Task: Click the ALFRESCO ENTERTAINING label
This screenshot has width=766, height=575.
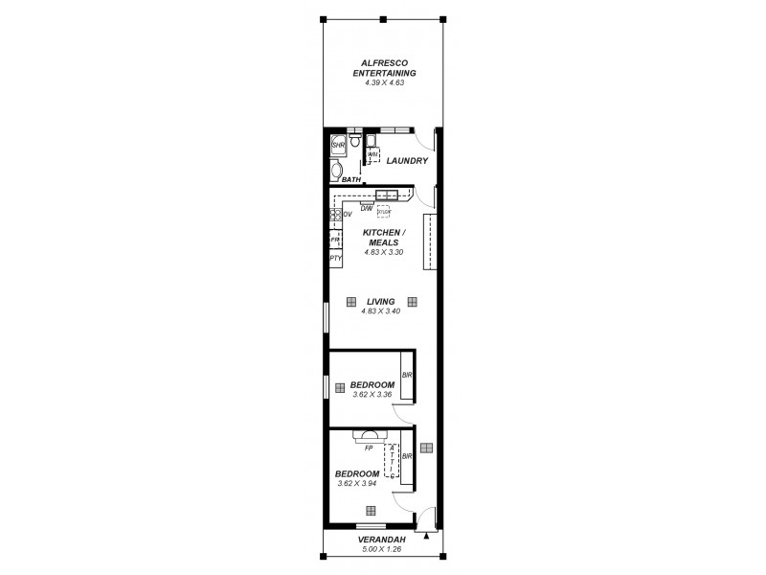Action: click(x=383, y=67)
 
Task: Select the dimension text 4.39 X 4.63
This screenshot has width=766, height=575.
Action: click(x=383, y=83)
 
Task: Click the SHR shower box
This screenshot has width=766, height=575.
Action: click(x=337, y=145)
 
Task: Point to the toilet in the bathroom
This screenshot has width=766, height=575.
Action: click(x=354, y=142)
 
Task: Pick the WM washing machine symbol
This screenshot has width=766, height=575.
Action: click(x=373, y=154)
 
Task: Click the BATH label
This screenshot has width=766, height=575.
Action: click(x=351, y=179)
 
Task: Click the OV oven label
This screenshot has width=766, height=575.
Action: click(x=347, y=214)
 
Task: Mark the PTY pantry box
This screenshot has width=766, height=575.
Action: click(x=336, y=258)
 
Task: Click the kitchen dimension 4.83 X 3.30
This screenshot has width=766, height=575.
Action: click(x=383, y=252)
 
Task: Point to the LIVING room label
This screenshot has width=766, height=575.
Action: click(x=380, y=301)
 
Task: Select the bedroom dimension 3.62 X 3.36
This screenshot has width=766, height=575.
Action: click(x=372, y=394)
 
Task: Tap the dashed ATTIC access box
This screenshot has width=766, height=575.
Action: click(x=392, y=461)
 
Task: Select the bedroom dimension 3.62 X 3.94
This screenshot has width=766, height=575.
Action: click(x=358, y=483)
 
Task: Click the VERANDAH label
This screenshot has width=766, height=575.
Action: click(x=383, y=540)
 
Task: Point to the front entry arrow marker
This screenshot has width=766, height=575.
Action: click(x=427, y=538)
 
